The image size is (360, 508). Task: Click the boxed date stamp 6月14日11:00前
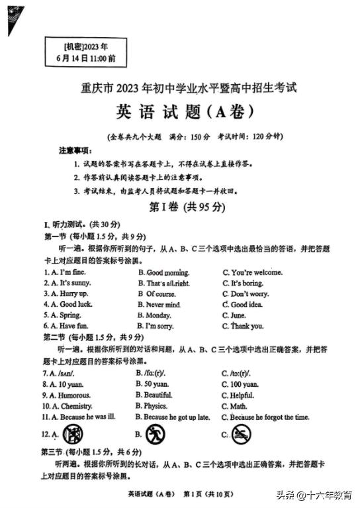[85, 58]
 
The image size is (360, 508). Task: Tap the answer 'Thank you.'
[247, 326]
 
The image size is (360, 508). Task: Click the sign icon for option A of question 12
[72, 434]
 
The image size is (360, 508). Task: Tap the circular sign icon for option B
[154, 434]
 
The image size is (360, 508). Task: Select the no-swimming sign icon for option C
[242, 434]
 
